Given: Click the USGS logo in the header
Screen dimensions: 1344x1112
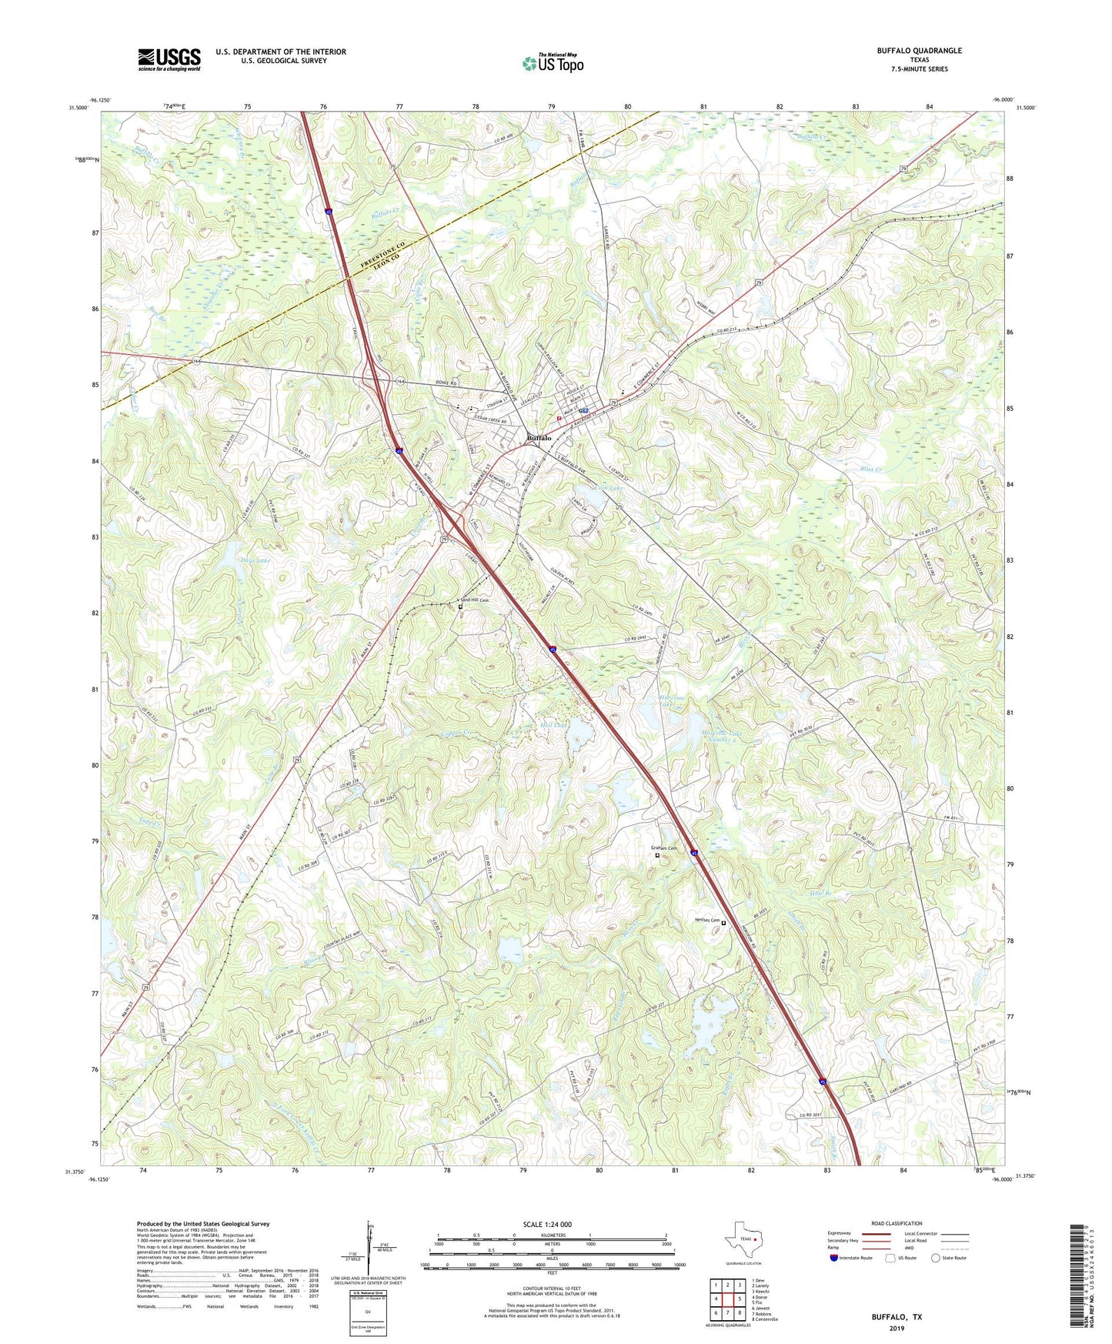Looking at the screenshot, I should pyautogui.click(x=169, y=59).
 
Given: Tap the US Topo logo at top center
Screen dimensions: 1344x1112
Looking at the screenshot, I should pyautogui.click(x=553, y=63).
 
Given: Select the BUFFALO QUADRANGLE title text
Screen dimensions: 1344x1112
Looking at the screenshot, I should pyautogui.click(x=919, y=51).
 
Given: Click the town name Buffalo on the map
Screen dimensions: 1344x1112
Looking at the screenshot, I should pyautogui.click(x=539, y=438).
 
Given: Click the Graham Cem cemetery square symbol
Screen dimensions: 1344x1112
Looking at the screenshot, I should pyautogui.click(x=657, y=855).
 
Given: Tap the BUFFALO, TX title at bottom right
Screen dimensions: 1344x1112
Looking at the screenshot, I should pyautogui.click(x=897, y=1317).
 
